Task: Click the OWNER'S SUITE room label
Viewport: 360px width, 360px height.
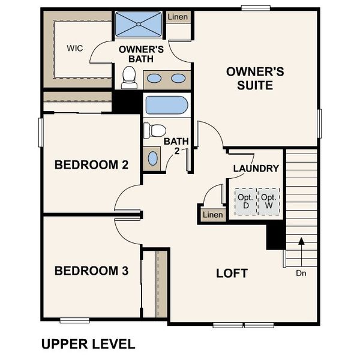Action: point(254,79)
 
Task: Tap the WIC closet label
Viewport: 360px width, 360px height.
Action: point(75,48)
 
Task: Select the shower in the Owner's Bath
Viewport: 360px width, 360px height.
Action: point(138,26)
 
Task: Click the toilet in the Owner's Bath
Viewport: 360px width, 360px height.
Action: point(128,77)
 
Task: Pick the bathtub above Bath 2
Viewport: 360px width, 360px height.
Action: point(166,106)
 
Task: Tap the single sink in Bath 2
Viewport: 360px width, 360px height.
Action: point(153,158)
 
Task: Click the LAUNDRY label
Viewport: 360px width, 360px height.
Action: point(256,169)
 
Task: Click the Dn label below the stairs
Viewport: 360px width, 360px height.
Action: point(301,273)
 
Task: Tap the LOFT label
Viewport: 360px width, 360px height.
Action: point(232,274)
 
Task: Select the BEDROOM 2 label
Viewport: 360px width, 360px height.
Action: point(91,165)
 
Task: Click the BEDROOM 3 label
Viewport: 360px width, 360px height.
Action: point(91,271)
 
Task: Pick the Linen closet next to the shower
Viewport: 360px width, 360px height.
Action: point(178,17)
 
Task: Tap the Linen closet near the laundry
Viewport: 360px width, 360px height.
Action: point(212,215)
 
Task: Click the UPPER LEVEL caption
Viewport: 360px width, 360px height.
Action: point(88,344)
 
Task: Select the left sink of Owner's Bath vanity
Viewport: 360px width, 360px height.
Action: point(154,79)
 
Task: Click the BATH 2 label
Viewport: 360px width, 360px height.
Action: point(176,146)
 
